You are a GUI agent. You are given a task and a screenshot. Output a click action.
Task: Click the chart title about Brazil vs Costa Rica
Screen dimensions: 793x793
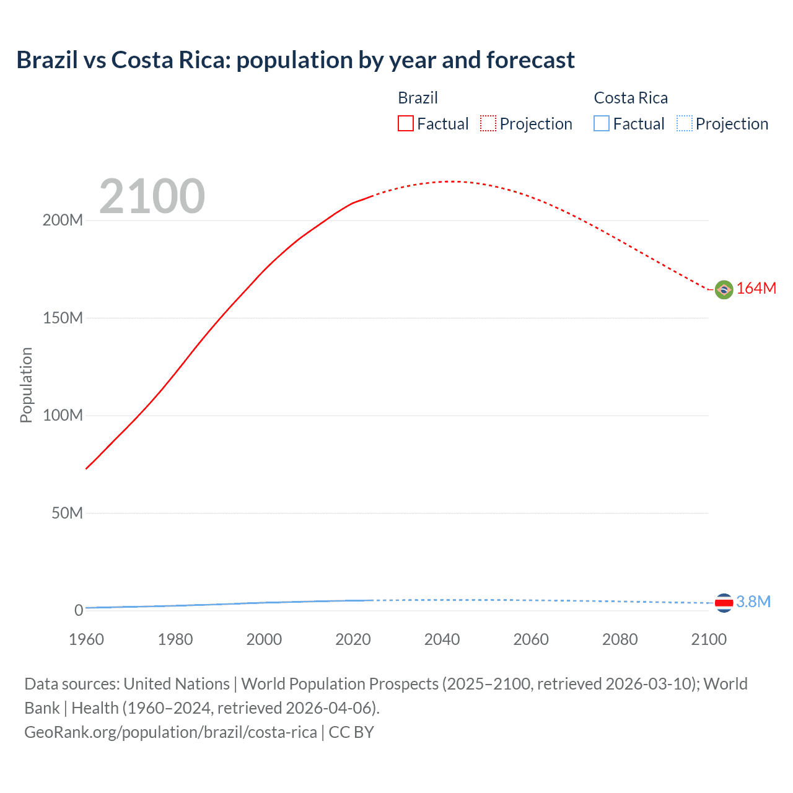coord(296,60)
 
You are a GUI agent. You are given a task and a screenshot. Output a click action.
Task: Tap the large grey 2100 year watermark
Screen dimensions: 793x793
coord(152,196)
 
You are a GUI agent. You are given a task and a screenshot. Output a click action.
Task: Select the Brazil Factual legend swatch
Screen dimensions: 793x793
coord(406,123)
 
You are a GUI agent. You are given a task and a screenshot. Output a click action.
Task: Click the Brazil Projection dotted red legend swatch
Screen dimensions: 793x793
coord(488,123)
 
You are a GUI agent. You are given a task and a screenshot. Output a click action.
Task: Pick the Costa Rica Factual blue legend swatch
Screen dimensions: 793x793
coord(602,123)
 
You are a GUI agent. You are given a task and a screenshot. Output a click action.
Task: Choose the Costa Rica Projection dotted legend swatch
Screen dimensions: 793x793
coord(684,123)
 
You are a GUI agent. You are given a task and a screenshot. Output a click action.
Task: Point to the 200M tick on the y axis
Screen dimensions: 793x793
coord(63,221)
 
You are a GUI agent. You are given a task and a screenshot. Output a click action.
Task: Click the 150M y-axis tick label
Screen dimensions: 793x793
coord(63,318)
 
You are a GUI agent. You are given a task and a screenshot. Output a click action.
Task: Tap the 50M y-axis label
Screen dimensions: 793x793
coord(67,513)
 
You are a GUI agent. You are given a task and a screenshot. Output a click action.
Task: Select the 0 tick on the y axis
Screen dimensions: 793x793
coord(78,610)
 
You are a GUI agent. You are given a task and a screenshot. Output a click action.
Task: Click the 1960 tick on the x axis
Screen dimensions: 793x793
coord(86,639)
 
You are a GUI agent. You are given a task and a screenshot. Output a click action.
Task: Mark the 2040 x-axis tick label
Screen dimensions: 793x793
coord(442,639)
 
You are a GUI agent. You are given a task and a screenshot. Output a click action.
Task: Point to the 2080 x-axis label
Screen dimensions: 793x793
coord(620,639)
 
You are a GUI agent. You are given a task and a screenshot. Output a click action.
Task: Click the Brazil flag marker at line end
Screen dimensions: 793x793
coord(724,289)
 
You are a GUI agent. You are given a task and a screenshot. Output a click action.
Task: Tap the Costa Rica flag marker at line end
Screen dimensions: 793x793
coord(724,602)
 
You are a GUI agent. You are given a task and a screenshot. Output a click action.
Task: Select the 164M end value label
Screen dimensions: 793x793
coord(756,289)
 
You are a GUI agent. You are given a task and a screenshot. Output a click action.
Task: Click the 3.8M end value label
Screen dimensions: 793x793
coord(753,602)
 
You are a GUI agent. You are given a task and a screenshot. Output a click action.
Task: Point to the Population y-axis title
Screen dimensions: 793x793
coord(26,385)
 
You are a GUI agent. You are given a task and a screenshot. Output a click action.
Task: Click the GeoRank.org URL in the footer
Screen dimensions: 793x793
coord(170,732)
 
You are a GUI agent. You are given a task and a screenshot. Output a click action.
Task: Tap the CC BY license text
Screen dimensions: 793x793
coord(351,732)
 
